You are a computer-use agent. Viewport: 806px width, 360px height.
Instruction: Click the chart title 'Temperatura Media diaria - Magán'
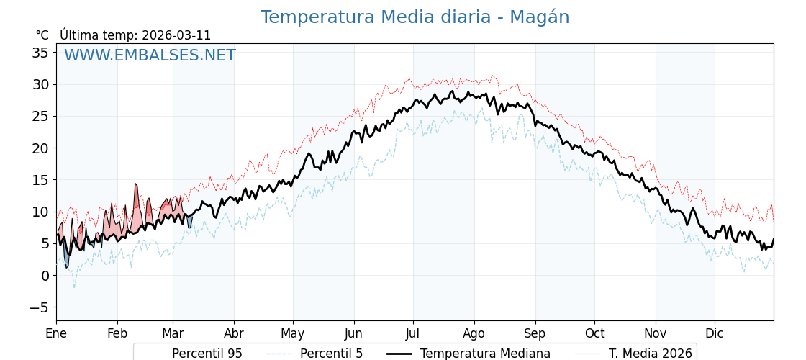[415, 17]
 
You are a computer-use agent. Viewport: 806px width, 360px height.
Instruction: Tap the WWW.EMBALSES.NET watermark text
[150, 55]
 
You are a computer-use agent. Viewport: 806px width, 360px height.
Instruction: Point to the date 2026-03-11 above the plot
[176, 35]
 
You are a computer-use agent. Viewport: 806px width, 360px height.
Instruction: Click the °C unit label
[42, 35]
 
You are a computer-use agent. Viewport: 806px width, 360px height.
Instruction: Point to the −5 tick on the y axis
[37, 307]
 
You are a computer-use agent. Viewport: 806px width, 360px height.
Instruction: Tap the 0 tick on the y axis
[45, 276]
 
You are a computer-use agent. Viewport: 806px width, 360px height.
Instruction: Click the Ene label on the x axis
[56, 333]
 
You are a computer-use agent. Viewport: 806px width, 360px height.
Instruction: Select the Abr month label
[233, 333]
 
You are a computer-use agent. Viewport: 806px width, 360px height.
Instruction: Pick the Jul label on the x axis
[413, 333]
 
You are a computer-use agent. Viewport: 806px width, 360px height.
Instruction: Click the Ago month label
[474, 333]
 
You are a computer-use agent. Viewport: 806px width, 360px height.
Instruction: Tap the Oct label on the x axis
[594, 333]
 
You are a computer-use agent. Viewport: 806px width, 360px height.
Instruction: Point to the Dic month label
[715, 333]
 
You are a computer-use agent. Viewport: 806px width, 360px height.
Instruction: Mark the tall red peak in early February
[135, 185]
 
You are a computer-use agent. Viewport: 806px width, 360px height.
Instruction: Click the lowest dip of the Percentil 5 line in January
[73, 287]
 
